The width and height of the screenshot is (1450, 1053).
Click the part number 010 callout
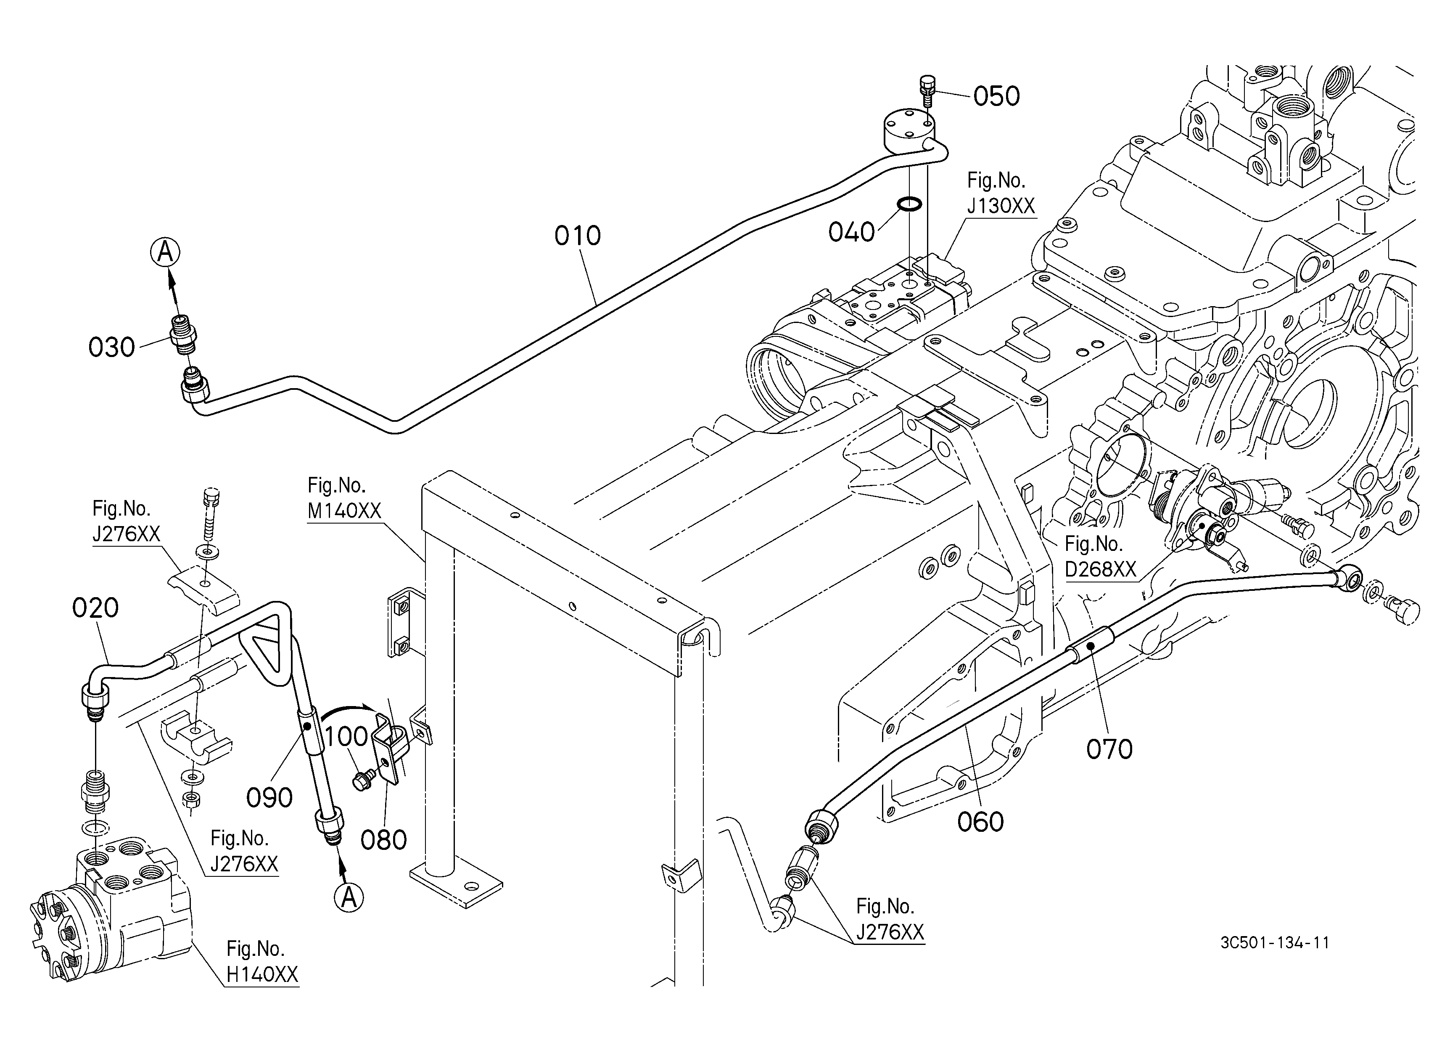coord(577,236)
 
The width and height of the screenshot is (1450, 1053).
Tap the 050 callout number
coord(997,97)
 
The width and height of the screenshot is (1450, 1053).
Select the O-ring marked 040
coord(909,204)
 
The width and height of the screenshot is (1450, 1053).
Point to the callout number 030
coord(111,348)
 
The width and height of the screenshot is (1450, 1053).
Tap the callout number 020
coord(95,608)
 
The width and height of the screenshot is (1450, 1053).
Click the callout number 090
coord(269,797)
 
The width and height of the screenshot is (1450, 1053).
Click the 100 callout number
coord(346,736)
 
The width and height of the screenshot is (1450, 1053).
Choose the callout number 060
coord(980,822)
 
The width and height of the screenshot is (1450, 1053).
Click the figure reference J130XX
coord(1001,206)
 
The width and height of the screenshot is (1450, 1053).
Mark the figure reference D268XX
coord(1100,569)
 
